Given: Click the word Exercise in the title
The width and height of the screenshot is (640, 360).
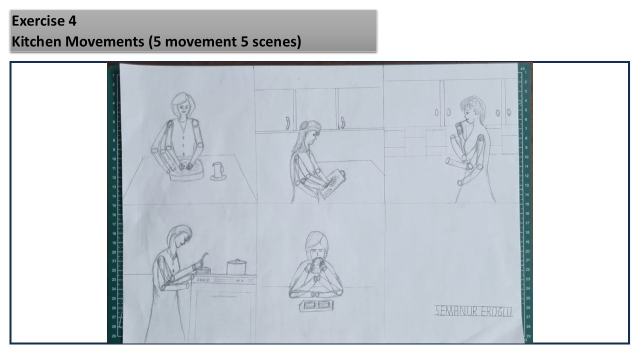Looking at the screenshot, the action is (38, 21).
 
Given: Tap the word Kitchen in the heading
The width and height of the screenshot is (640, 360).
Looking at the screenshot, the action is (36, 41).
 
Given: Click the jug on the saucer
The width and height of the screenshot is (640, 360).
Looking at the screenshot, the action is (217, 171).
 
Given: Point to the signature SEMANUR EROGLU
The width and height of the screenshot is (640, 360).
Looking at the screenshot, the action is (473, 311).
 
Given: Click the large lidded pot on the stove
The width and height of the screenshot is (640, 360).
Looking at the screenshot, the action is (236, 267).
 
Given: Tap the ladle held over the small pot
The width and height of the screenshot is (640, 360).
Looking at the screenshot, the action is (203, 260).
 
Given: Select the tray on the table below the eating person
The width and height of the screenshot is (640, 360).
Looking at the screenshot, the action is (316, 305).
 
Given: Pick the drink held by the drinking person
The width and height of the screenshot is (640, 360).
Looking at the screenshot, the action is (459, 128).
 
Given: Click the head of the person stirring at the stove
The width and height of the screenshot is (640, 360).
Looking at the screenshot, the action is (179, 236).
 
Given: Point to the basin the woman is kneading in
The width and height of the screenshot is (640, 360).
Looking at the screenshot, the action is (186, 170).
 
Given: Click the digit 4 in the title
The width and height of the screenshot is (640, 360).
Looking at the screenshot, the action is (72, 21).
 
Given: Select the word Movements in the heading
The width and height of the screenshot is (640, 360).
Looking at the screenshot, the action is (104, 41).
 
